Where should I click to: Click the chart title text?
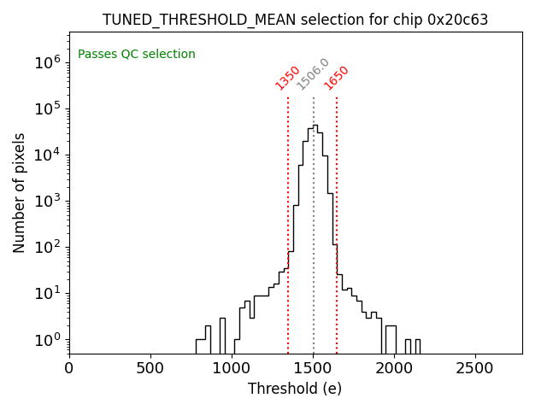tap(295, 20)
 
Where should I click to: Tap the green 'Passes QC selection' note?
tap(137, 55)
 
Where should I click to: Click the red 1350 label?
tap(288, 78)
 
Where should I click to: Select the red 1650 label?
tap(337, 78)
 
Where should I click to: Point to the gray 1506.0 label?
tap(313, 74)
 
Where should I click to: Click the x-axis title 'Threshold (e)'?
tap(295, 389)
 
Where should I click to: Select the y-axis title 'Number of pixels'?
tap(20, 193)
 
